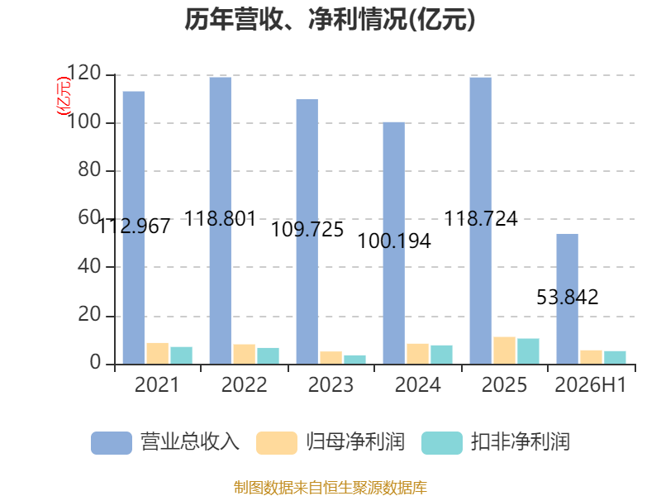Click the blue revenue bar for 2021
coord(134,228)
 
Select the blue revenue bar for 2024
coord(394,243)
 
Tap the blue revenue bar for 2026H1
coord(567,299)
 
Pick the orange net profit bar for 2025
coord(505,351)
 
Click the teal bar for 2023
coord(355,360)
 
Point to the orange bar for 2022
coord(244,355)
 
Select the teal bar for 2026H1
coord(615,358)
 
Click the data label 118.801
coord(221,218)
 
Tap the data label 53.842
coord(568,297)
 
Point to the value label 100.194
coord(394,241)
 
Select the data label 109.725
coord(307,230)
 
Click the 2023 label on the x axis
coord(331,384)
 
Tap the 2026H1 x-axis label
coord(591,384)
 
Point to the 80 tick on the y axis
coord(89,170)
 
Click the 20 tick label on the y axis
coord(89,315)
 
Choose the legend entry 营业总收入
coord(165,442)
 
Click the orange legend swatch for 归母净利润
coord(277,443)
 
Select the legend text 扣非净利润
coord(521,442)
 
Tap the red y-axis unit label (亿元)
coord(64,96)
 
